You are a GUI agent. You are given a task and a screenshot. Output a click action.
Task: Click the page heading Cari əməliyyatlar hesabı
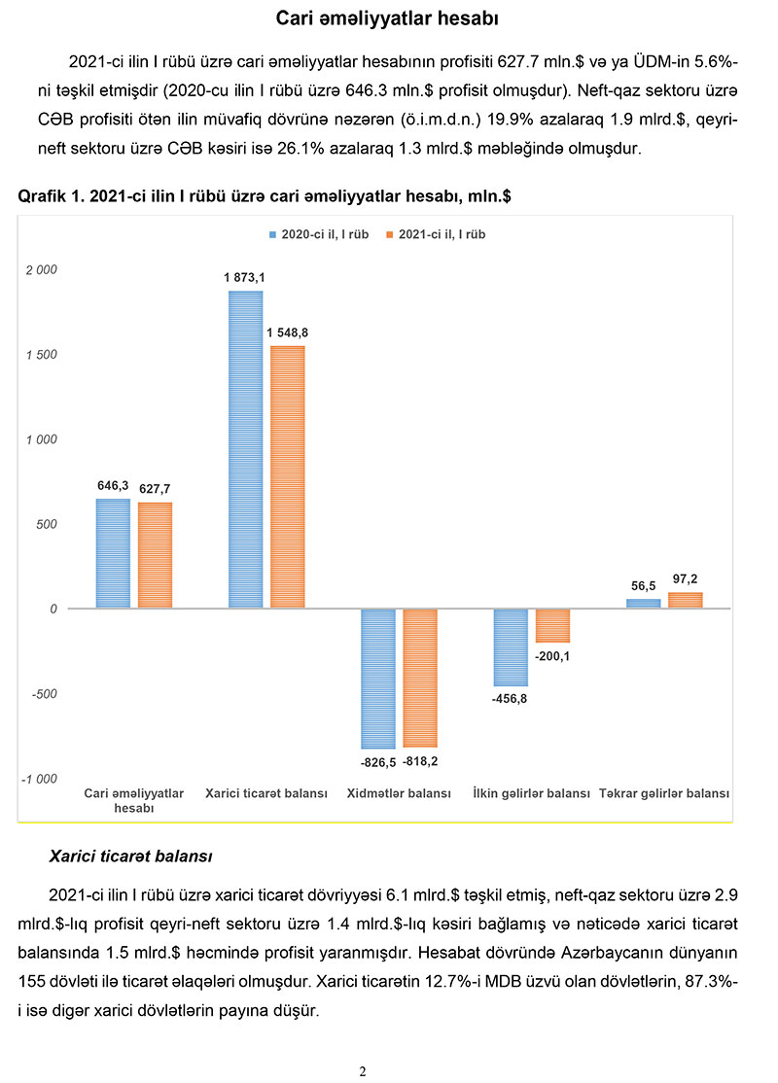click(x=388, y=18)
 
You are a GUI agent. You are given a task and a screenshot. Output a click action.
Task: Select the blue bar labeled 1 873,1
click(x=245, y=449)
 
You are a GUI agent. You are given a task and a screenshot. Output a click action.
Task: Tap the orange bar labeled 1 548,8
click(x=287, y=476)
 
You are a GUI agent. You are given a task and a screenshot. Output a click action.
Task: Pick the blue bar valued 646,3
click(x=113, y=553)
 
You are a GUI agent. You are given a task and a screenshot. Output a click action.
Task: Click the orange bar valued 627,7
click(x=155, y=555)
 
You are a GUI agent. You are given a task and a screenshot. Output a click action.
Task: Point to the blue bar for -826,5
click(x=377, y=679)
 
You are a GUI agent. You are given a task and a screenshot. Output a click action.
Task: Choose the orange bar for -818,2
click(x=420, y=678)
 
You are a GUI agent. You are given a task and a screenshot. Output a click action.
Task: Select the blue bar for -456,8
click(x=511, y=647)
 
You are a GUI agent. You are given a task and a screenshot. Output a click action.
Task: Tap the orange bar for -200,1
click(x=552, y=626)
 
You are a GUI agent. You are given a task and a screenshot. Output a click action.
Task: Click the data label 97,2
click(x=685, y=578)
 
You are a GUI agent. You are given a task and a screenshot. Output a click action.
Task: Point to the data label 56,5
click(x=644, y=586)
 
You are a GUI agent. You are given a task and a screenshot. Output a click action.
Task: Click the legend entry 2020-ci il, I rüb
click(x=319, y=235)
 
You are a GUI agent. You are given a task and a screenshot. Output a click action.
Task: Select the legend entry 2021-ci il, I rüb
click(x=436, y=235)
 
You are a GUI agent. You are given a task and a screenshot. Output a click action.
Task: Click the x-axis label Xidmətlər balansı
click(x=399, y=793)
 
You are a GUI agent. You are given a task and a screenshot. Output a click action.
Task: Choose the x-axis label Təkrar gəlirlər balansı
click(x=664, y=793)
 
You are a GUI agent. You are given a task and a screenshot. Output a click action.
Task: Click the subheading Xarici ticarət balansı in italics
click(x=130, y=857)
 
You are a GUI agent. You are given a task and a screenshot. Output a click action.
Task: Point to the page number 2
click(x=362, y=1071)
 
